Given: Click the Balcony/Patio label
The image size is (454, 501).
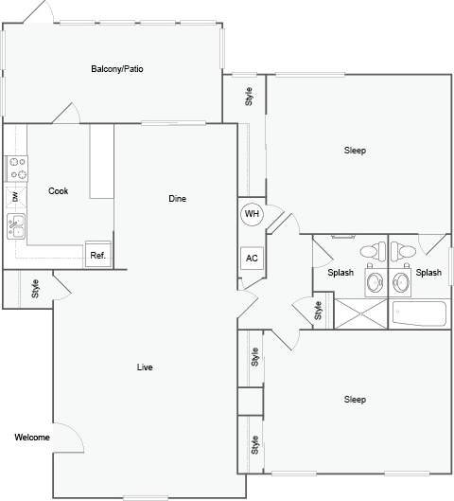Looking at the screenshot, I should click(x=117, y=69).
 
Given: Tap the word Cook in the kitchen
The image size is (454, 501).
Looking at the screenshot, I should click(x=59, y=191).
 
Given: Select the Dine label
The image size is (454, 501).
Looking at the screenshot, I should click(x=177, y=199).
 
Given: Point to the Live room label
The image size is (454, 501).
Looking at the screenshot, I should click(x=145, y=367).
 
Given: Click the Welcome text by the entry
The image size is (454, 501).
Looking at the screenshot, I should click(x=32, y=438).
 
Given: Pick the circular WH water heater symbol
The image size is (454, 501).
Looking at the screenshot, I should click(x=252, y=214).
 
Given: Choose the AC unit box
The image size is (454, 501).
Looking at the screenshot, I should click(x=252, y=259).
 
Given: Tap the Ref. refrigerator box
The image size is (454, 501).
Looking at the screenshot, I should click(x=97, y=255).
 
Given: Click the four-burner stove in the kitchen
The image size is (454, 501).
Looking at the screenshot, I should click(x=17, y=169).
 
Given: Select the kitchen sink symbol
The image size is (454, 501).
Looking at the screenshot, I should click(x=17, y=226).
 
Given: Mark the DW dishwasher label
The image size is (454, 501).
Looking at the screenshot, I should click(x=15, y=197).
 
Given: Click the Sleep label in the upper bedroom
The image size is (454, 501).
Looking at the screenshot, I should click(x=355, y=151).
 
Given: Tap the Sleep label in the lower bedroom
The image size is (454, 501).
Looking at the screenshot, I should click(x=355, y=400).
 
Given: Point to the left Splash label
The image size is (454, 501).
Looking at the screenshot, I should click(x=340, y=273).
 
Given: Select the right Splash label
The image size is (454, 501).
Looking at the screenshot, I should click(x=428, y=273).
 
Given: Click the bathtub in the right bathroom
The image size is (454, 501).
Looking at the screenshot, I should click(x=419, y=313).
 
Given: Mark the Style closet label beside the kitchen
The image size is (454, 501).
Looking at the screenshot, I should click(x=35, y=288).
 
